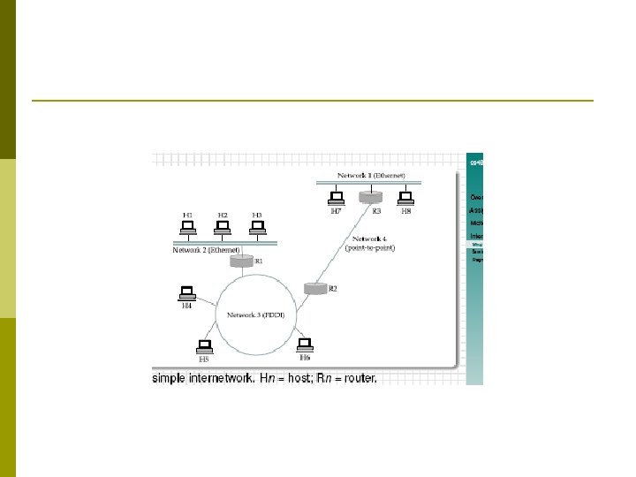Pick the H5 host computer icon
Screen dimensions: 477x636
click(204, 345)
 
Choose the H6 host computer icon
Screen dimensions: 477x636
click(305, 343)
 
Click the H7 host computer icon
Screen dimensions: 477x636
click(336, 198)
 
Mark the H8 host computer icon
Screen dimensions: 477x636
click(405, 198)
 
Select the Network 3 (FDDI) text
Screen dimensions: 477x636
click(255, 315)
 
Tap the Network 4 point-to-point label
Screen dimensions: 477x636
click(370, 244)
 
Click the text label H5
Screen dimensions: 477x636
click(203, 360)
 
